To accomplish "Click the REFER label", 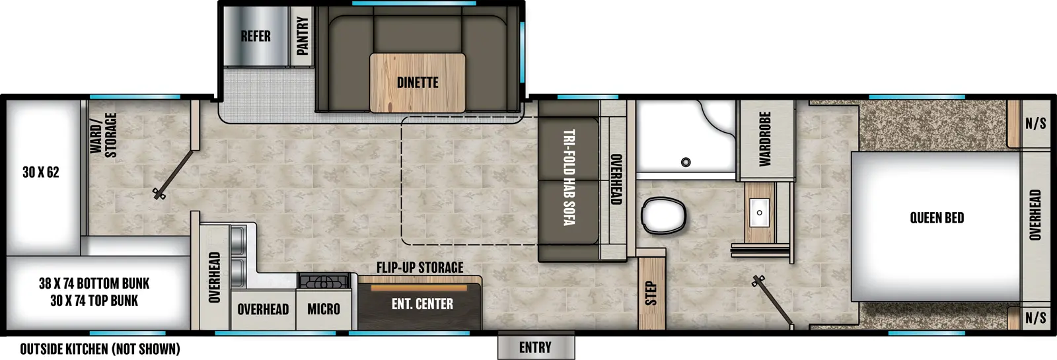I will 256,36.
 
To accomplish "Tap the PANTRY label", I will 302,36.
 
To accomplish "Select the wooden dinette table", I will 418,83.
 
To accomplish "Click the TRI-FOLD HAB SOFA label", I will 568,177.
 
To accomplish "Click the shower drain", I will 686,162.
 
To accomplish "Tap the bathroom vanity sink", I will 760,212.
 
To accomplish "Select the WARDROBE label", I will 765,139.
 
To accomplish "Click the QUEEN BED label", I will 936,218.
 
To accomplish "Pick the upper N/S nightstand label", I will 1035,124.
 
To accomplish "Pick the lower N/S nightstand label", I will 1035,318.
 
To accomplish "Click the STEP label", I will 651,293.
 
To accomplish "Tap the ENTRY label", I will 535,347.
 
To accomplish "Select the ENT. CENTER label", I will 422,304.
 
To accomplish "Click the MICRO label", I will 324,308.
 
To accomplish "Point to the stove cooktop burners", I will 324,281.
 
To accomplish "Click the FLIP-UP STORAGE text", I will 419,268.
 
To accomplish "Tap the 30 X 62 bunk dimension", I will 41,172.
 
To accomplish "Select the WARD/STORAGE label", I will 104,135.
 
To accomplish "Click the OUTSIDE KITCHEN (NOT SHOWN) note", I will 100,349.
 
